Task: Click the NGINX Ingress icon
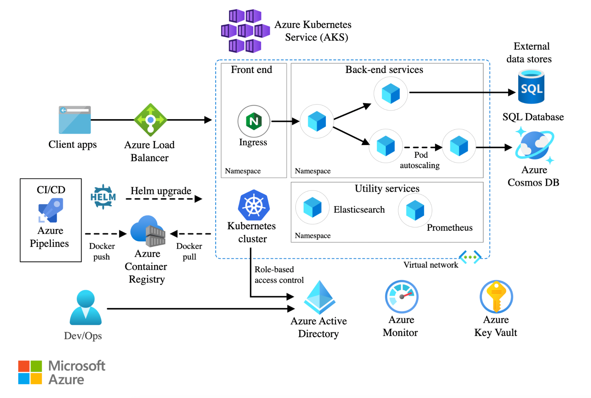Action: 254,121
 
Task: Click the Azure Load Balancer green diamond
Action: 150,120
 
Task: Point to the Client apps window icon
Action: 75,120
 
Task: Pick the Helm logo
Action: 103,197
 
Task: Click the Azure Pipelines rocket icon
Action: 51,210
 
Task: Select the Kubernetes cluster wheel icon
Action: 254,205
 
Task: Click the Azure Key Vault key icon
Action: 496,297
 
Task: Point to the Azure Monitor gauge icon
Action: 401,297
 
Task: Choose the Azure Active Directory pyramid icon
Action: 320,297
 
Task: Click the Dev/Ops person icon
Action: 86,308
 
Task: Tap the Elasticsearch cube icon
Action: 312,207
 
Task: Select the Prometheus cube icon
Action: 415,210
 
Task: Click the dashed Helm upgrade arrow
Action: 164,199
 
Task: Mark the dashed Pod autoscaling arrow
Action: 423,147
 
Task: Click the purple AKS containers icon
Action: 245,31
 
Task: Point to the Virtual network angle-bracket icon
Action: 470,257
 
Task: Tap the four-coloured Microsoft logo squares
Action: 30,372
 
